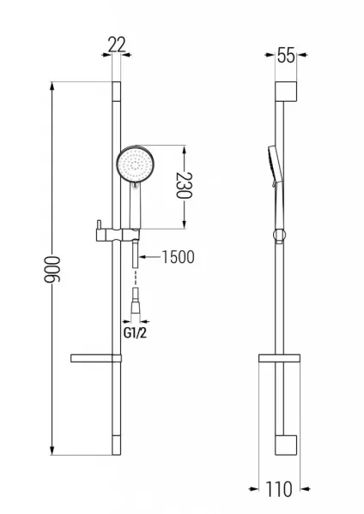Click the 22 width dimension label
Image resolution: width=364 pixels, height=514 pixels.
pos(117,45)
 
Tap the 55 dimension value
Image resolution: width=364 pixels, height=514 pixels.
pos(286,55)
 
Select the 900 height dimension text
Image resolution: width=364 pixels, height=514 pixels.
pos(52,270)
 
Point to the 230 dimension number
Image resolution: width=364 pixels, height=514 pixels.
pos(184,185)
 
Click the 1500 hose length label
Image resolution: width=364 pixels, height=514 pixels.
pos(178,257)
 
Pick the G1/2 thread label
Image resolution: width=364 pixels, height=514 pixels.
pos(135,333)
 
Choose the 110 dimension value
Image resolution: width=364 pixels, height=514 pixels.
pos(279,490)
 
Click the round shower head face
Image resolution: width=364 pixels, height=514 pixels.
pos(136,164)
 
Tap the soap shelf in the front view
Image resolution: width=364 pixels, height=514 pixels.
pos(96,358)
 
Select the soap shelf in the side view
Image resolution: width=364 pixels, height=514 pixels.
pos(279,358)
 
